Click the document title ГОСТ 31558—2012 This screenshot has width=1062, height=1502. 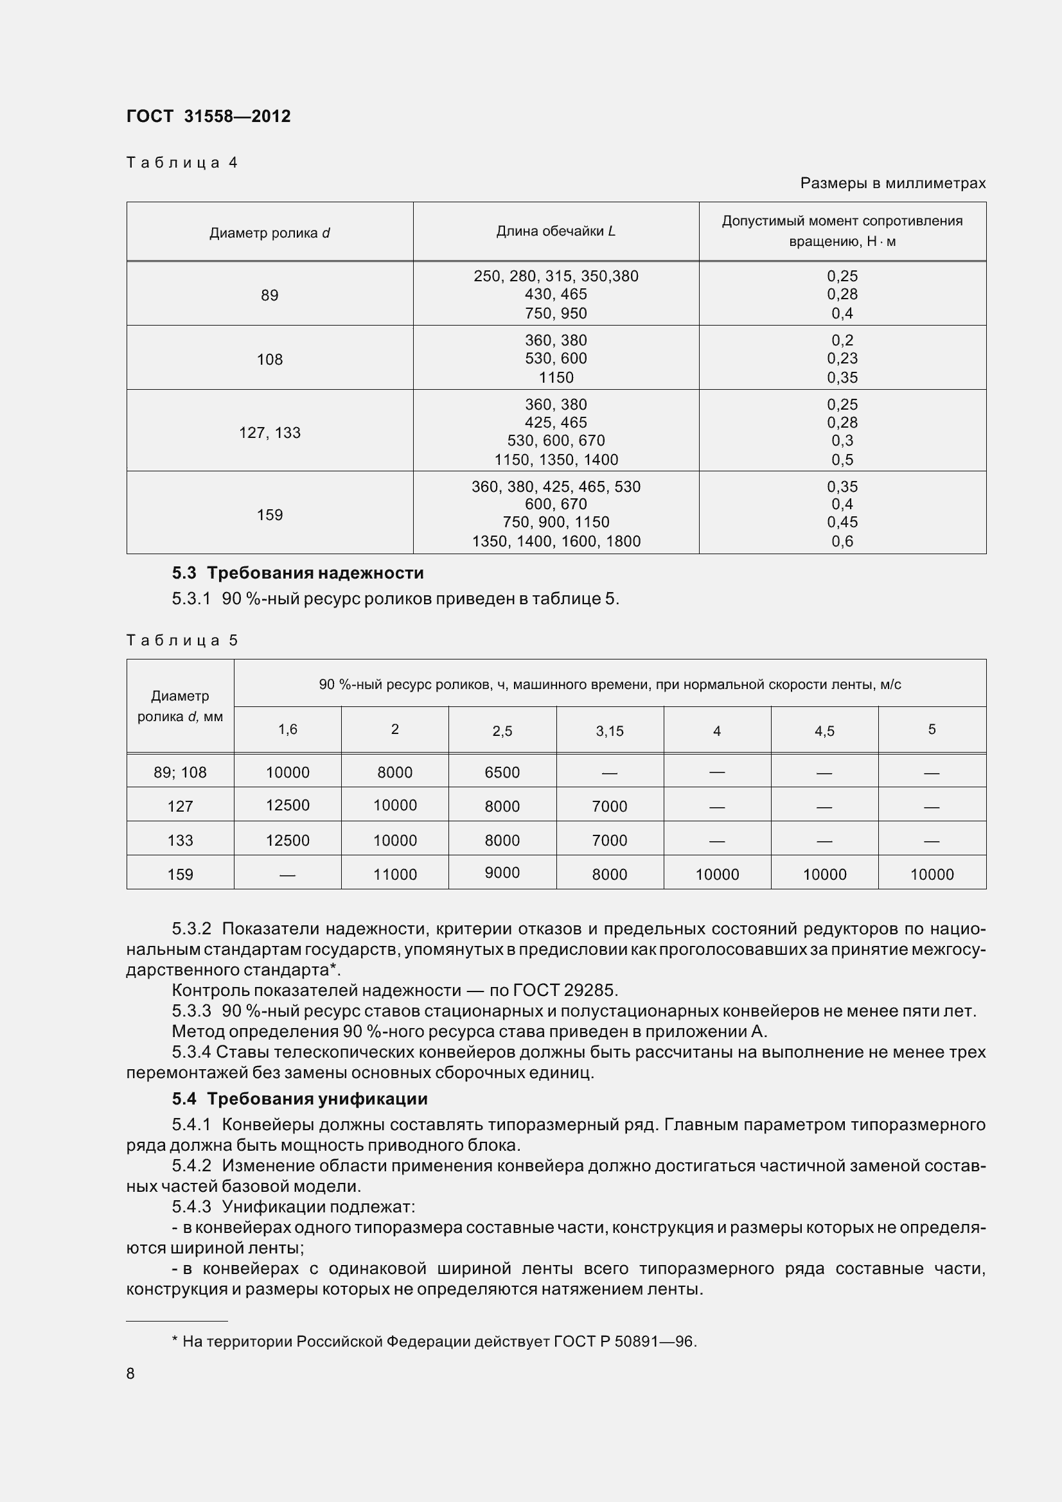pos(208,116)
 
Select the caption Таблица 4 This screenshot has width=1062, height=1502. pos(181,162)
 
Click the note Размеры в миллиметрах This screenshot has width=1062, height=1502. pos(892,183)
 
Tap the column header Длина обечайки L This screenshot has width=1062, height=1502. pos(556,231)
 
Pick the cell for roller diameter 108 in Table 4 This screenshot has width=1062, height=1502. pos(270,359)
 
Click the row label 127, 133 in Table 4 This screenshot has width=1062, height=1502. pos(270,432)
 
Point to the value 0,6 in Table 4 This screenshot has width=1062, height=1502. pos(842,541)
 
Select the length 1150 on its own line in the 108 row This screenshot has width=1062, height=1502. pos(556,378)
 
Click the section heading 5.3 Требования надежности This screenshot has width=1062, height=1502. pos(297,573)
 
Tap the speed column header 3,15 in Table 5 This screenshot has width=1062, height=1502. pos(609,731)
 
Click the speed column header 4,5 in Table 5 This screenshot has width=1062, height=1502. pos(824,731)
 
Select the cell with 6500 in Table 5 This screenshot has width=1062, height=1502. pos(502,773)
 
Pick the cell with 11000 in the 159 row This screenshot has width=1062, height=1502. pos(394,875)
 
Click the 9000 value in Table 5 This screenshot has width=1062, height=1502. pos(502,873)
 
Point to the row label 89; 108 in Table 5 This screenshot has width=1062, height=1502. pos(180,773)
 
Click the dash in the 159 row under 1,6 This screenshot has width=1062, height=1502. pos(287,875)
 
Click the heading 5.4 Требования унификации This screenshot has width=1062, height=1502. pos(299,1099)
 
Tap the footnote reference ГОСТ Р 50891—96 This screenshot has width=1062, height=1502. pos(624,1341)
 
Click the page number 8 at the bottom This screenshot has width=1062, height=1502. pos(130,1373)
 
